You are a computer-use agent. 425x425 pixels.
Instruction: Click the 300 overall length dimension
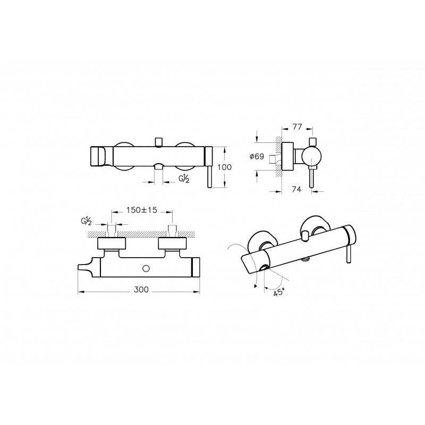(141, 290)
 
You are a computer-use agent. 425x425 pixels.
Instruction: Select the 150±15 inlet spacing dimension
(142, 210)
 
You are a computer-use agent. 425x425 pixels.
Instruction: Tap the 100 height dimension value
(225, 167)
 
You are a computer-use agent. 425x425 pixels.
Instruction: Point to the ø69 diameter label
(257, 156)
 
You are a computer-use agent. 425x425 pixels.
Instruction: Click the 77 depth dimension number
(297, 127)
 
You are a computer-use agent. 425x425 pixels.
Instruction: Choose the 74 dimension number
(296, 189)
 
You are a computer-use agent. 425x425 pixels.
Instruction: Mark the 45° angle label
(279, 292)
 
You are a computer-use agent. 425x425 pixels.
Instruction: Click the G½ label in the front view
(184, 178)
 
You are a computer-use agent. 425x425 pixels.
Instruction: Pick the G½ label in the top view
(87, 222)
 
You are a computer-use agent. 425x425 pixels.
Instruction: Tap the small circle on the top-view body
(146, 269)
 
